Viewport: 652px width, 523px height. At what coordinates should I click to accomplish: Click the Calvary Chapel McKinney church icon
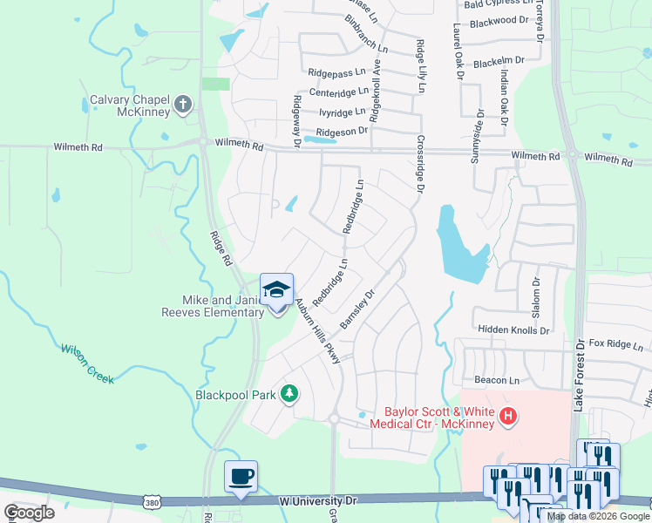182,105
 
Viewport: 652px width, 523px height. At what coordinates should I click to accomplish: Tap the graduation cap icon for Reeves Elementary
277,290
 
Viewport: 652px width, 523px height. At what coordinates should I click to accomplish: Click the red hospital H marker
508,418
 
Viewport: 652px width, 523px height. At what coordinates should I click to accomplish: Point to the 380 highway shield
151,502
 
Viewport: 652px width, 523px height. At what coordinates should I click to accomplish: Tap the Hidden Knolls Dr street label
513,330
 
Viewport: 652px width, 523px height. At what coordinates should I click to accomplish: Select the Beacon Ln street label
496,380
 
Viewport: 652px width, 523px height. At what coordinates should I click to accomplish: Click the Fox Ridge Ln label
615,344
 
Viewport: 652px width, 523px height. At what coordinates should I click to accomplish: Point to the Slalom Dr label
536,297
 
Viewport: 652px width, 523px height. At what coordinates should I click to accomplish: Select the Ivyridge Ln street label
343,112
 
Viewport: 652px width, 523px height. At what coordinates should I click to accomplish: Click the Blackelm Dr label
499,62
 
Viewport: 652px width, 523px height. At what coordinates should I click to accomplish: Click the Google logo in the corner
29,513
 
